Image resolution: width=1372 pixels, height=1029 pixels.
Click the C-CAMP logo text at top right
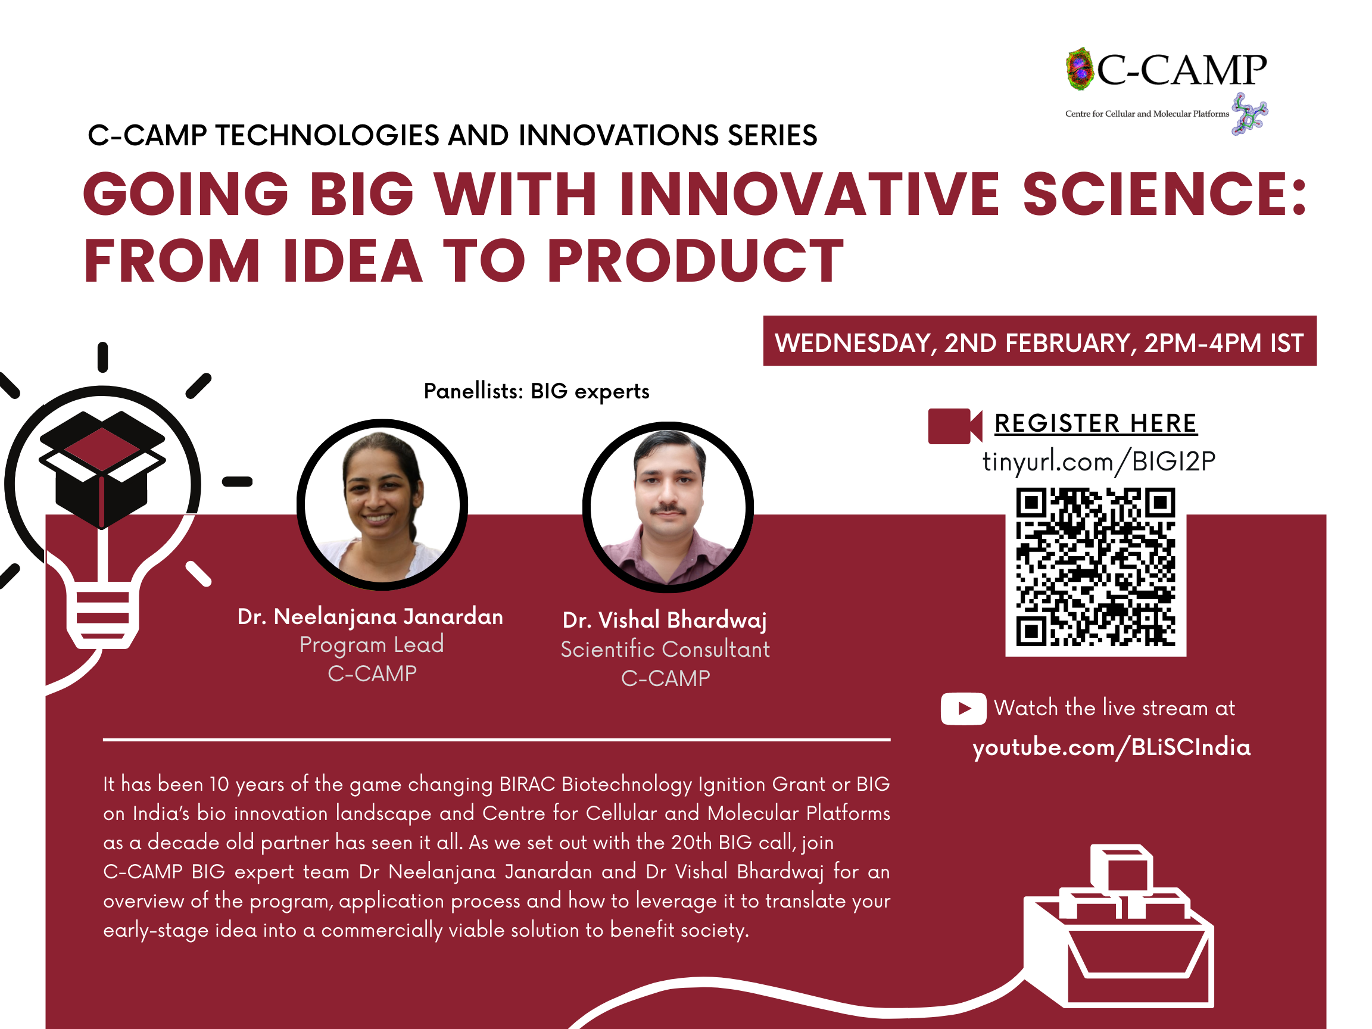[x=1181, y=70]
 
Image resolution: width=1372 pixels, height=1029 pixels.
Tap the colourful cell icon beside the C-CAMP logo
[x=1079, y=69]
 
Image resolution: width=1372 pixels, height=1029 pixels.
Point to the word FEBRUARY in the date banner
[x=1071, y=343]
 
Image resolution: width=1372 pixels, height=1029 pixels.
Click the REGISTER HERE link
[x=1095, y=423]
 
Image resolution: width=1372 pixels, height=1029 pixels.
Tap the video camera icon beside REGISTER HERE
[x=955, y=426]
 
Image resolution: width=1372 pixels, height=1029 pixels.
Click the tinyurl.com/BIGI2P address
[x=1099, y=462]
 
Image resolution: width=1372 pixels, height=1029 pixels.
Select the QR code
[x=1095, y=567]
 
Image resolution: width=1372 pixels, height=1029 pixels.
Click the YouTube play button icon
[x=963, y=708]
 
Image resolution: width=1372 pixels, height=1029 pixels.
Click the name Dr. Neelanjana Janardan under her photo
[x=370, y=617]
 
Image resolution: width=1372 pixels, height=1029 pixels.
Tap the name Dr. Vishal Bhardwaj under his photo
[x=665, y=620]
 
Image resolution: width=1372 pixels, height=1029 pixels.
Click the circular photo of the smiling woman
[x=382, y=505]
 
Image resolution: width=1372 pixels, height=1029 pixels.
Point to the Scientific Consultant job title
[x=665, y=650]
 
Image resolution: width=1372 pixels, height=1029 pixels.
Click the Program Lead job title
[x=372, y=645]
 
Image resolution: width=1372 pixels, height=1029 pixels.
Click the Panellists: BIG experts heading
[x=537, y=391]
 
